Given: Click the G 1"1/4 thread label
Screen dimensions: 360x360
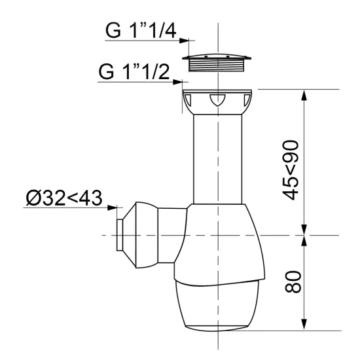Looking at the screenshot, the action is click(x=141, y=31).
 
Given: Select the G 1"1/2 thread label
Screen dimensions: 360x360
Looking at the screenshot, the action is click(x=134, y=71).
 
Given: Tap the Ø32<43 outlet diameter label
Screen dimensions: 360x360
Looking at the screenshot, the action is click(x=64, y=198).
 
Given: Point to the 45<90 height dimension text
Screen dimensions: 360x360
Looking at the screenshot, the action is click(x=291, y=170).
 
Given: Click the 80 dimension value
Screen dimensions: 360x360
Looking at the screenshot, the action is click(x=293, y=281).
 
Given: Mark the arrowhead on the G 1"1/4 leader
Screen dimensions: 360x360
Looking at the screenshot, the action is click(x=184, y=41).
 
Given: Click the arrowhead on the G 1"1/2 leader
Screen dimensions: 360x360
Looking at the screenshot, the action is click(x=177, y=82).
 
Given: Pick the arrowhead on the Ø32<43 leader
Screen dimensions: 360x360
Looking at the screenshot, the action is click(x=113, y=207).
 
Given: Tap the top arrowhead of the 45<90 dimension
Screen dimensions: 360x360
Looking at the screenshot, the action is click(x=304, y=95).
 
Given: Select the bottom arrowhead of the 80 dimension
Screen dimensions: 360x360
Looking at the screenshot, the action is click(x=304, y=325).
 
